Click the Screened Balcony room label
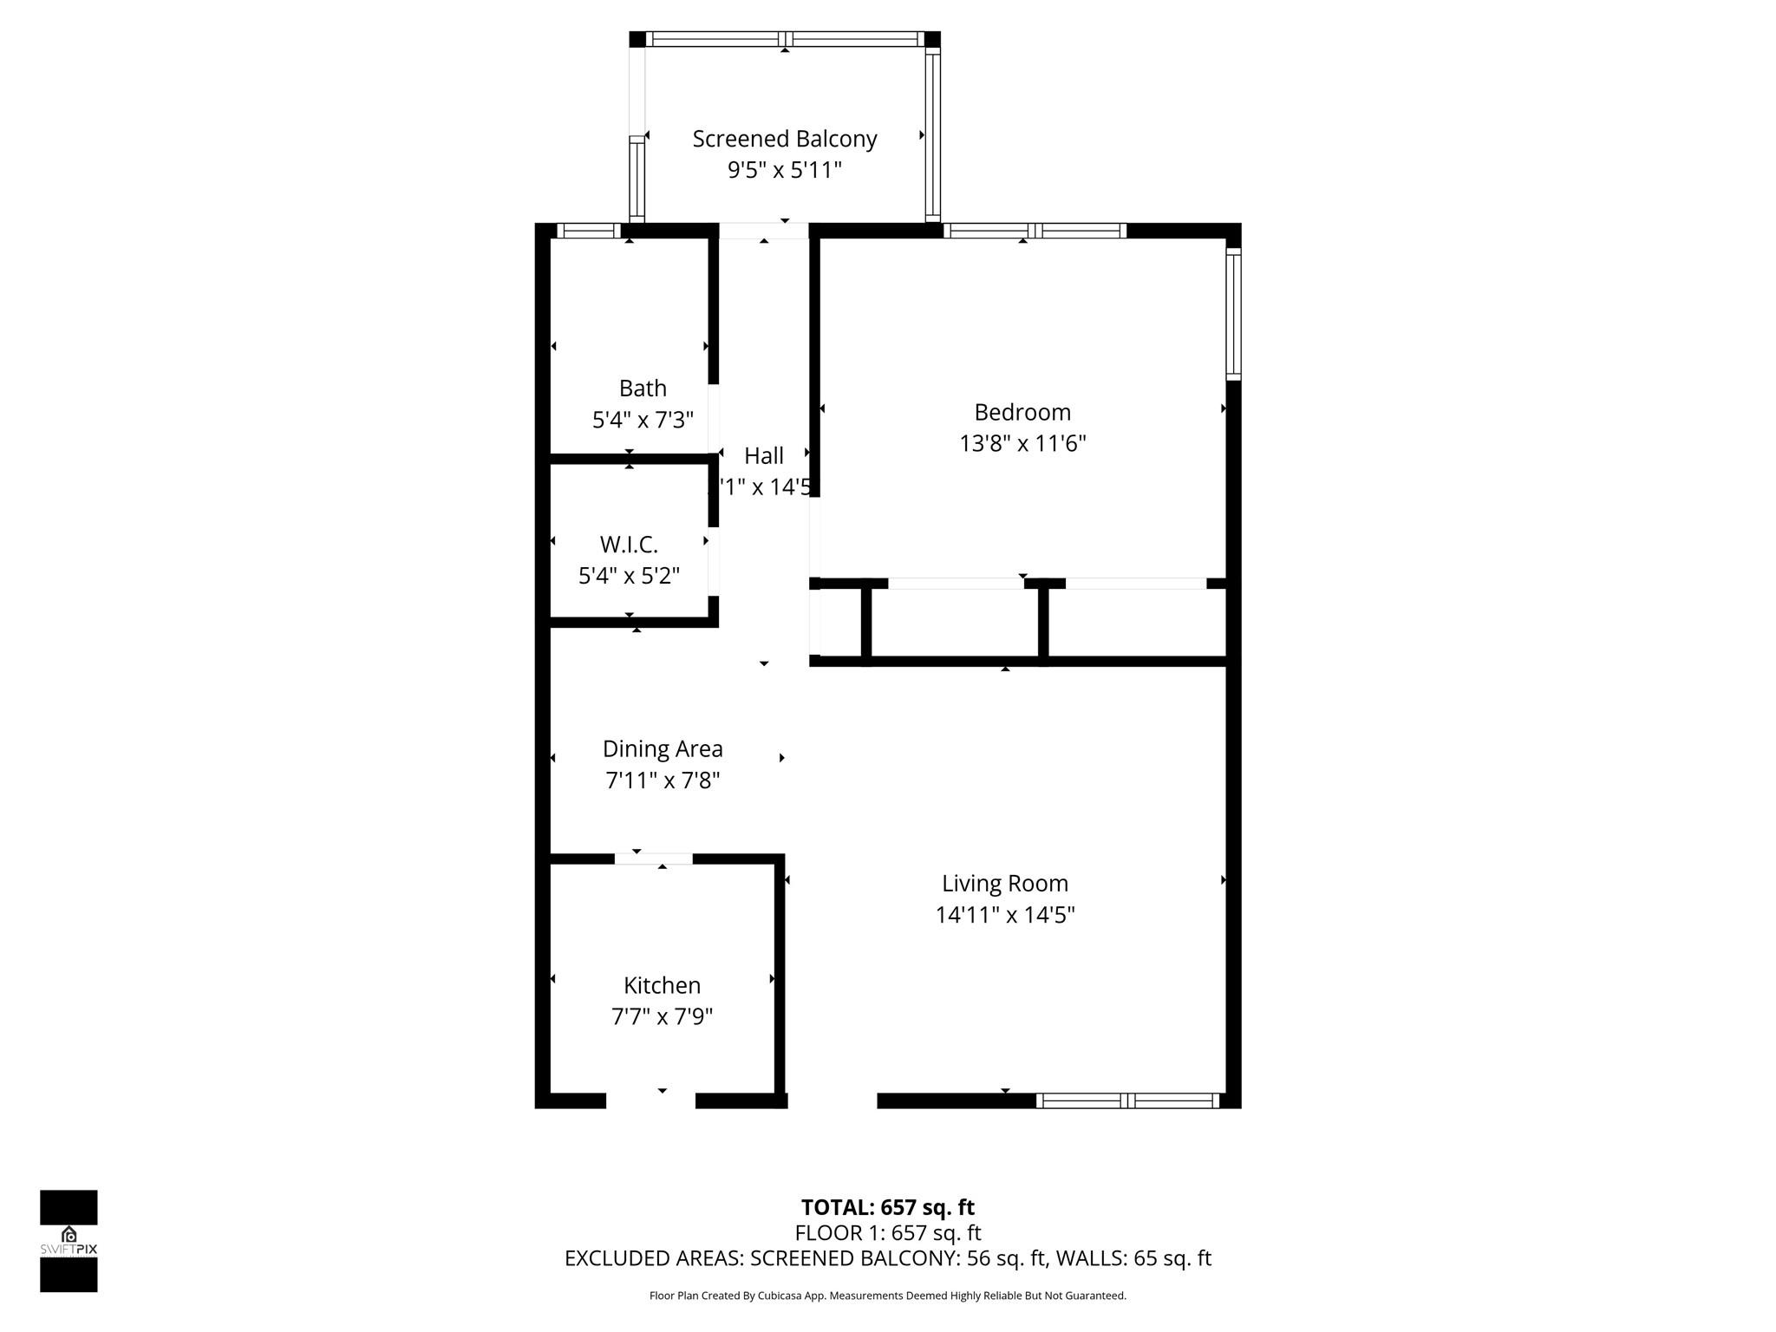(x=784, y=139)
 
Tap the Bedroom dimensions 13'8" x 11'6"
(x=1022, y=444)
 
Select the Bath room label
(x=643, y=388)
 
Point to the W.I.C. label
(x=629, y=545)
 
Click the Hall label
(x=763, y=455)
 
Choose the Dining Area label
(x=663, y=748)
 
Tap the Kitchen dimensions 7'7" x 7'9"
(x=662, y=1016)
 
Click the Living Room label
(x=1005, y=883)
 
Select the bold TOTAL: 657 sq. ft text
(x=887, y=1207)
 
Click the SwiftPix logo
(x=69, y=1241)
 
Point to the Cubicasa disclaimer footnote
(x=887, y=1296)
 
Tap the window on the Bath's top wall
(x=588, y=231)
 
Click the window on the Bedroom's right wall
(x=1233, y=314)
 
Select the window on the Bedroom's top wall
(x=1035, y=231)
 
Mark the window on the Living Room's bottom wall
(x=1128, y=1100)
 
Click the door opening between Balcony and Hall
(x=763, y=231)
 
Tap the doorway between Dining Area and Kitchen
(x=653, y=859)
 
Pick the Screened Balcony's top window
(x=785, y=39)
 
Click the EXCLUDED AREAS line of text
(x=887, y=1258)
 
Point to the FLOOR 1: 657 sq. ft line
(x=887, y=1232)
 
